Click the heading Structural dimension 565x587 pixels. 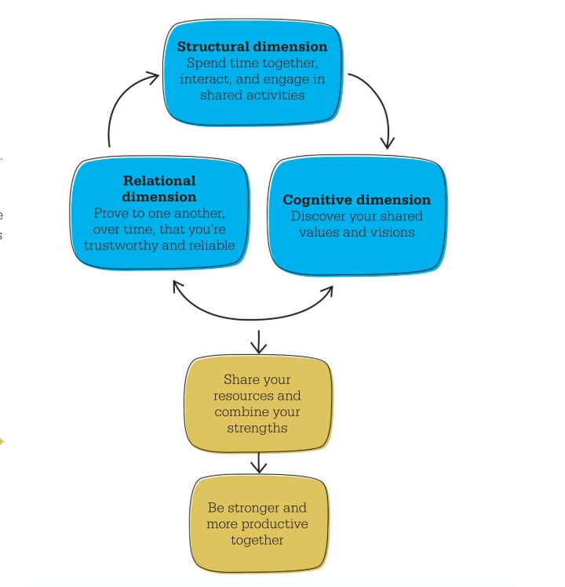(x=252, y=46)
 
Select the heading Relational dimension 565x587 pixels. (x=159, y=189)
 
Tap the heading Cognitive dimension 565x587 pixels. (x=357, y=200)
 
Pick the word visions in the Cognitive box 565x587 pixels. (x=394, y=232)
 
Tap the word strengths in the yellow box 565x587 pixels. (x=257, y=428)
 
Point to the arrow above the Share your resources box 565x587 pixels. (x=257, y=342)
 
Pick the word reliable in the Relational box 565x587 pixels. (x=210, y=245)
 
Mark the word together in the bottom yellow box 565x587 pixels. (x=257, y=540)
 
